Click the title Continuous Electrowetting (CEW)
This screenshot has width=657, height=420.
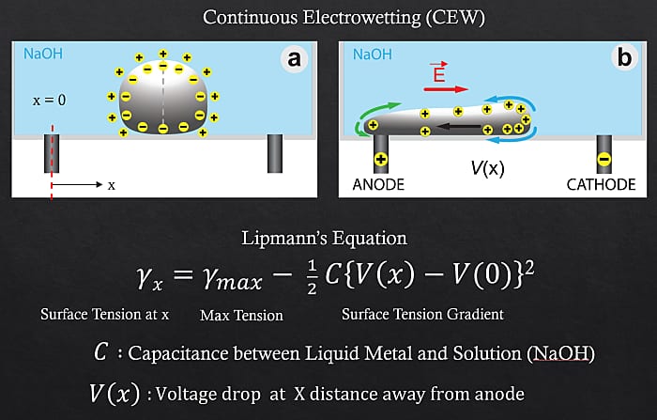click(x=328, y=18)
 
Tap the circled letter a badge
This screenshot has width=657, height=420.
click(x=294, y=59)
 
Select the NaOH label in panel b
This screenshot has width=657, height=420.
click(x=374, y=54)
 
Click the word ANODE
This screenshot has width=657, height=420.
click(x=378, y=185)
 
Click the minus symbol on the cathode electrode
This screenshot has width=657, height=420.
click(x=604, y=158)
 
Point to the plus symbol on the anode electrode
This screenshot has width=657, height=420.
click(x=382, y=158)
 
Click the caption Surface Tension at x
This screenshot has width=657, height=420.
click(x=105, y=314)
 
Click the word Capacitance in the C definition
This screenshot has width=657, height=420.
click(x=173, y=354)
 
